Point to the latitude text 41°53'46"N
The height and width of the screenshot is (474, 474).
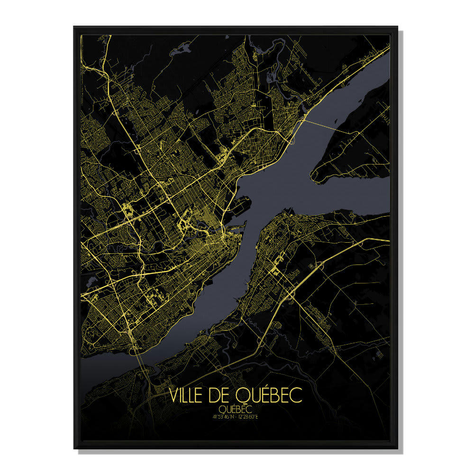(x=224, y=417)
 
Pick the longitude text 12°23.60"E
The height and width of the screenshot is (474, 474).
(x=249, y=417)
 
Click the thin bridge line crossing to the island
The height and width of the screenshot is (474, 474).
(x=332, y=126)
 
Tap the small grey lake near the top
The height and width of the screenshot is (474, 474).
(x=185, y=47)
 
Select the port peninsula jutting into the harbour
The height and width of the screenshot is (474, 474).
(x=239, y=204)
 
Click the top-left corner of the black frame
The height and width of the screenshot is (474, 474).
(x=74, y=27)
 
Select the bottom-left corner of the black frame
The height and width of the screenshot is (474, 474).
(x=74, y=447)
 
